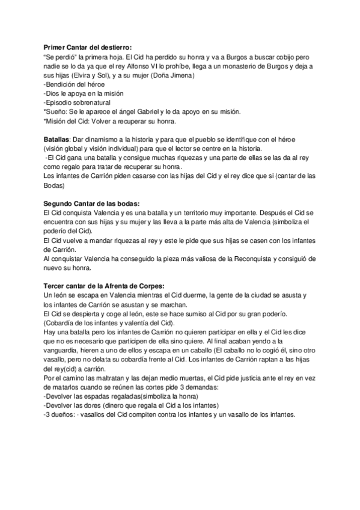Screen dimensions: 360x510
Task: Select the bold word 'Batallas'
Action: click(57, 140)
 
